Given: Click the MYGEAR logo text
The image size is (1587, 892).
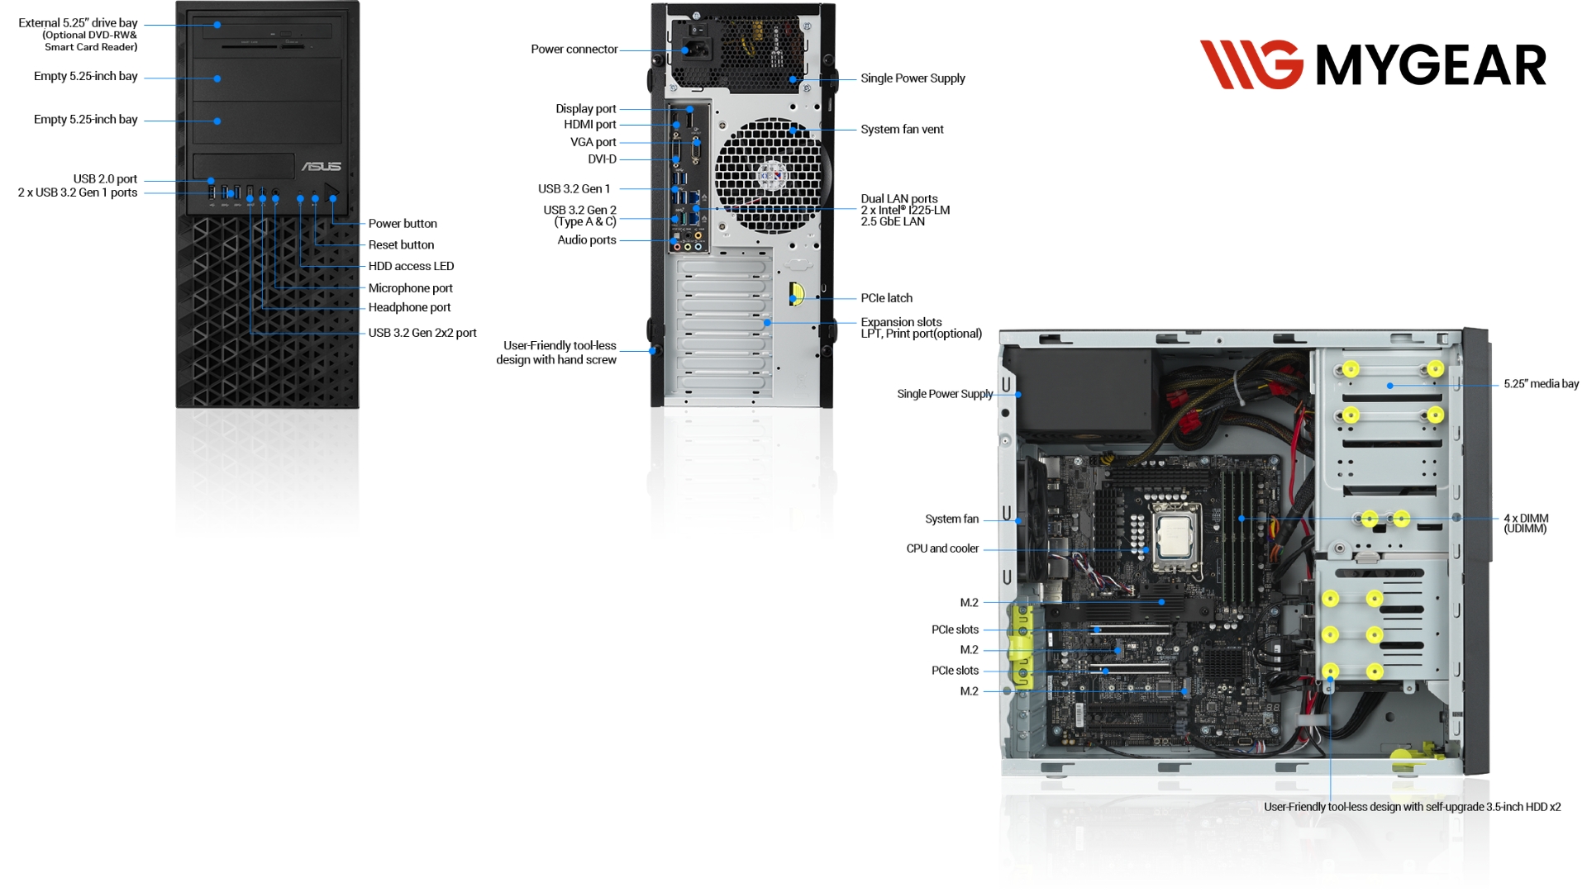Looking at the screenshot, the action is pyautogui.click(x=1430, y=65).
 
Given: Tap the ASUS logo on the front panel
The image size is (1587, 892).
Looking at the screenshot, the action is pyautogui.click(x=322, y=166).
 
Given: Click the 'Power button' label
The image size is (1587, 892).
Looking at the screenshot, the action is pyautogui.click(x=403, y=224).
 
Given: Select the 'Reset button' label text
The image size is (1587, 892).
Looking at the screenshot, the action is pyautogui.click(x=401, y=245).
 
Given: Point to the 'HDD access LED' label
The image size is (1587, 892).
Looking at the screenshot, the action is pyautogui.click(x=411, y=266).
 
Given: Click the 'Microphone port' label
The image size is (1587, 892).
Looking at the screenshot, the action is pyautogui.click(x=410, y=288).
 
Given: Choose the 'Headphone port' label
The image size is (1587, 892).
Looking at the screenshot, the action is pyautogui.click(x=409, y=307).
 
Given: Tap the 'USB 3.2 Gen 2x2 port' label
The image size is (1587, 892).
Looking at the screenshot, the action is pyautogui.click(x=422, y=333).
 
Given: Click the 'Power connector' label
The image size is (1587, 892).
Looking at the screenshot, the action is pyautogui.click(x=574, y=50).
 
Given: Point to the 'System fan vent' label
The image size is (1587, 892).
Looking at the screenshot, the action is pyautogui.click(x=902, y=130).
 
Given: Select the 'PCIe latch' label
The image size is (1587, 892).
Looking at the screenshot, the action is pyautogui.click(x=886, y=298).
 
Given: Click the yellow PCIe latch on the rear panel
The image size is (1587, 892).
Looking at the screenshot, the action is pyautogui.click(x=796, y=294).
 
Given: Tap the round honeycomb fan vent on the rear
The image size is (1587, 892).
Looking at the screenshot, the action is pyautogui.click(x=770, y=175).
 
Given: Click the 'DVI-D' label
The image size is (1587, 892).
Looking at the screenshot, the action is pyautogui.click(x=602, y=159).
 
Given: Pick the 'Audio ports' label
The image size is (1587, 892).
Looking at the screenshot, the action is pyautogui.click(x=586, y=240).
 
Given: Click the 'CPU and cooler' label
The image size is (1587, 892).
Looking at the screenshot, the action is pyautogui.click(x=942, y=548).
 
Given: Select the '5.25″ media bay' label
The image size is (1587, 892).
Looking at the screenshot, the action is pyautogui.click(x=1541, y=384).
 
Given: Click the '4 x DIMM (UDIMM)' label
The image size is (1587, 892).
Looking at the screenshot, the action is pyautogui.click(x=1526, y=524).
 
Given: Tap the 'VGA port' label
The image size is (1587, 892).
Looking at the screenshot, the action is pyautogui.click(x=593, y=142).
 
